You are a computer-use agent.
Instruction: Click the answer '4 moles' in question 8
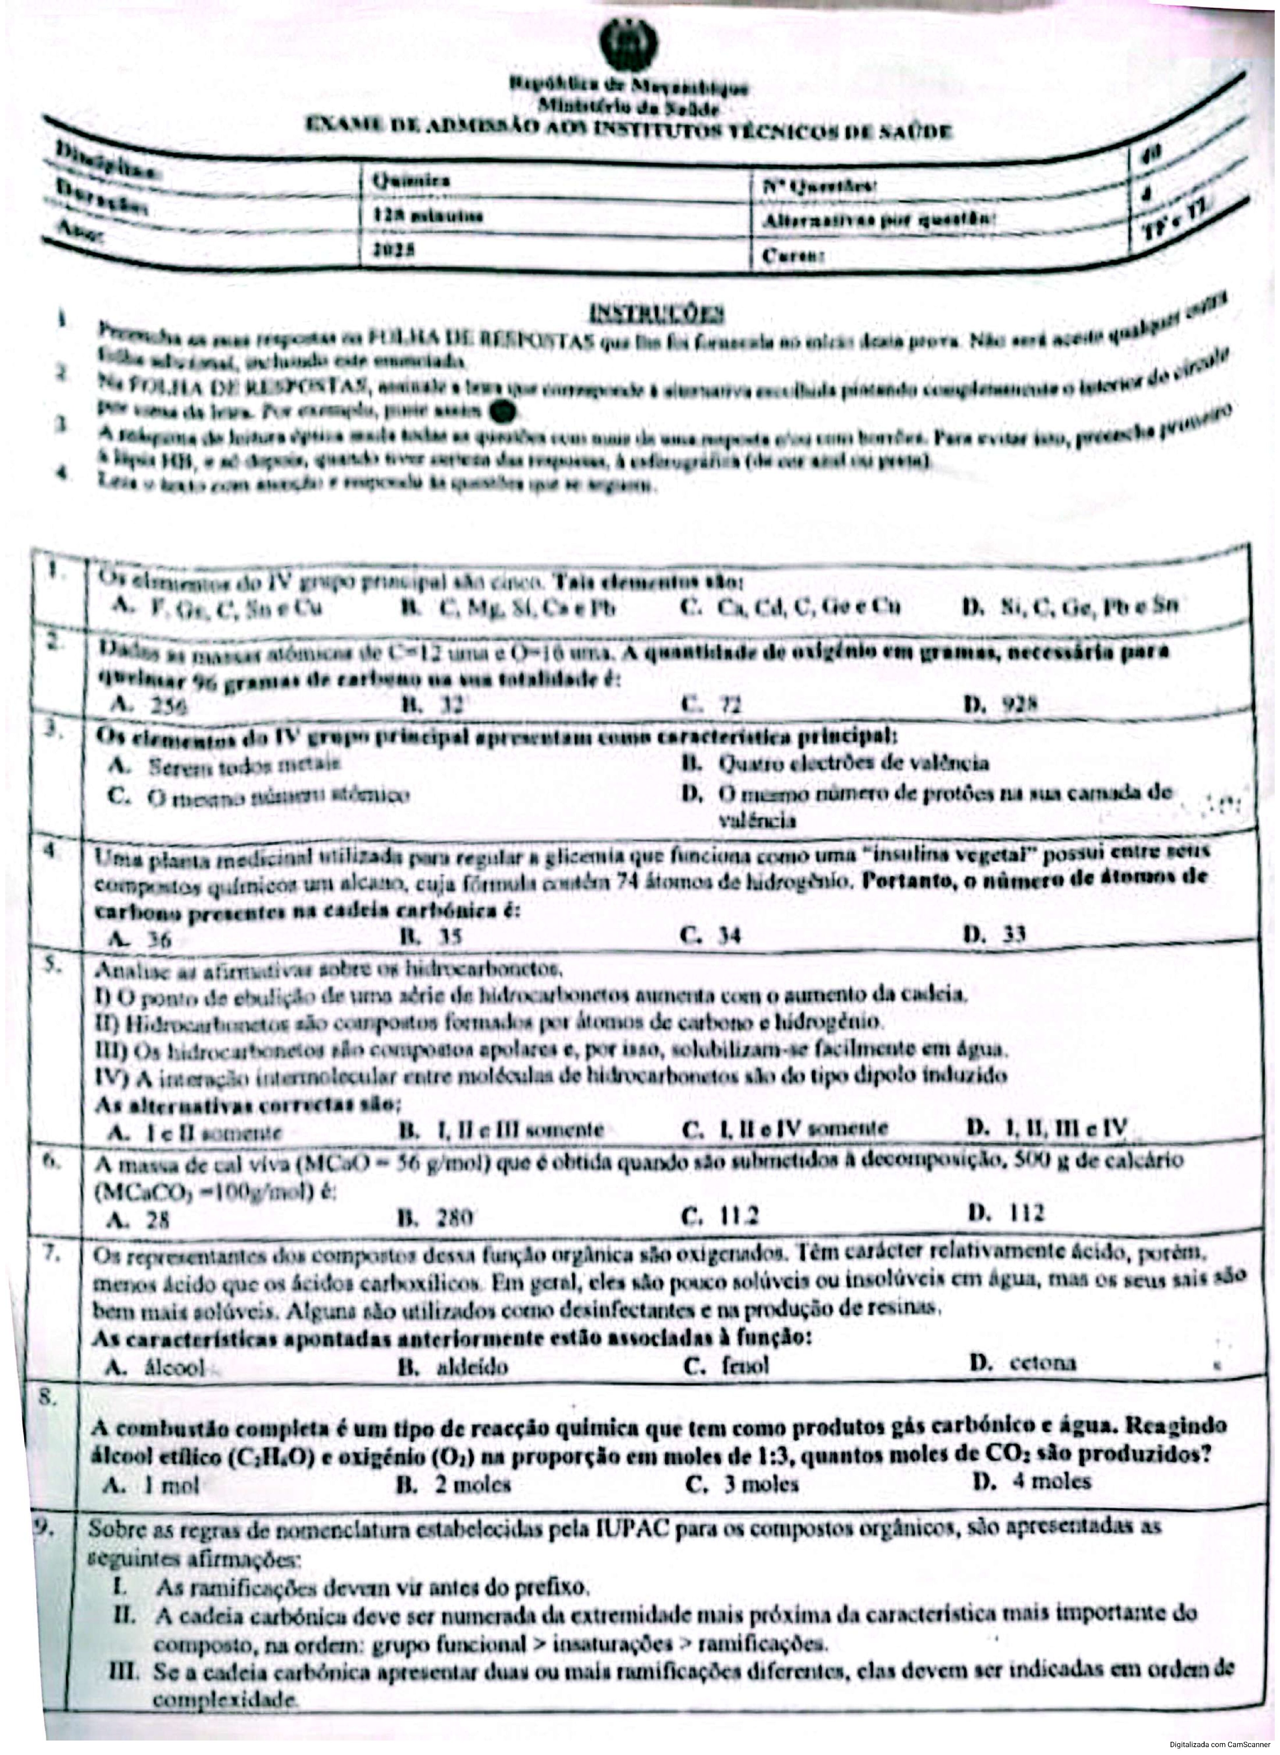(x=1051, y=1482)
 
